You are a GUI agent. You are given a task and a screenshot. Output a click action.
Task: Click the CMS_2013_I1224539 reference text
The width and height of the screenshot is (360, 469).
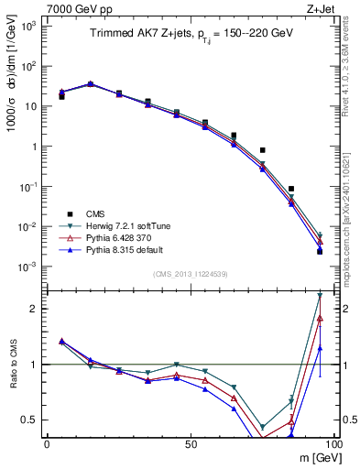tap(190, 273)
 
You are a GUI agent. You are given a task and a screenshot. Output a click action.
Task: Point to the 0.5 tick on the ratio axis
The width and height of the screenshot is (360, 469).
tap(34, 420)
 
